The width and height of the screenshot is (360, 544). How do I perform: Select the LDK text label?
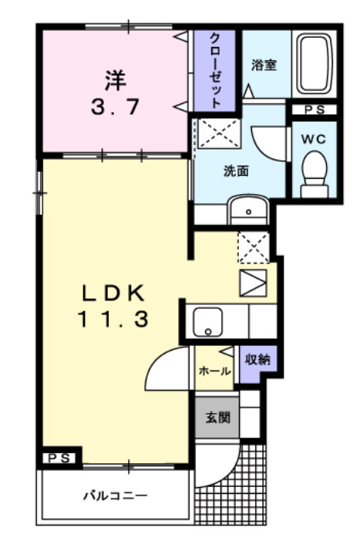point(113,293)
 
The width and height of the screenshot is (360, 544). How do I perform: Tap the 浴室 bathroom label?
point(264,65)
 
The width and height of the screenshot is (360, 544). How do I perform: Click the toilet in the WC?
point(314,170)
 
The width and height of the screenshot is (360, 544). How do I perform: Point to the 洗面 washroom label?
point(236,171)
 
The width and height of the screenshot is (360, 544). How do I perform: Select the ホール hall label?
point(214,371)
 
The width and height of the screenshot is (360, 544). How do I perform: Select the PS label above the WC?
point(313,110)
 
